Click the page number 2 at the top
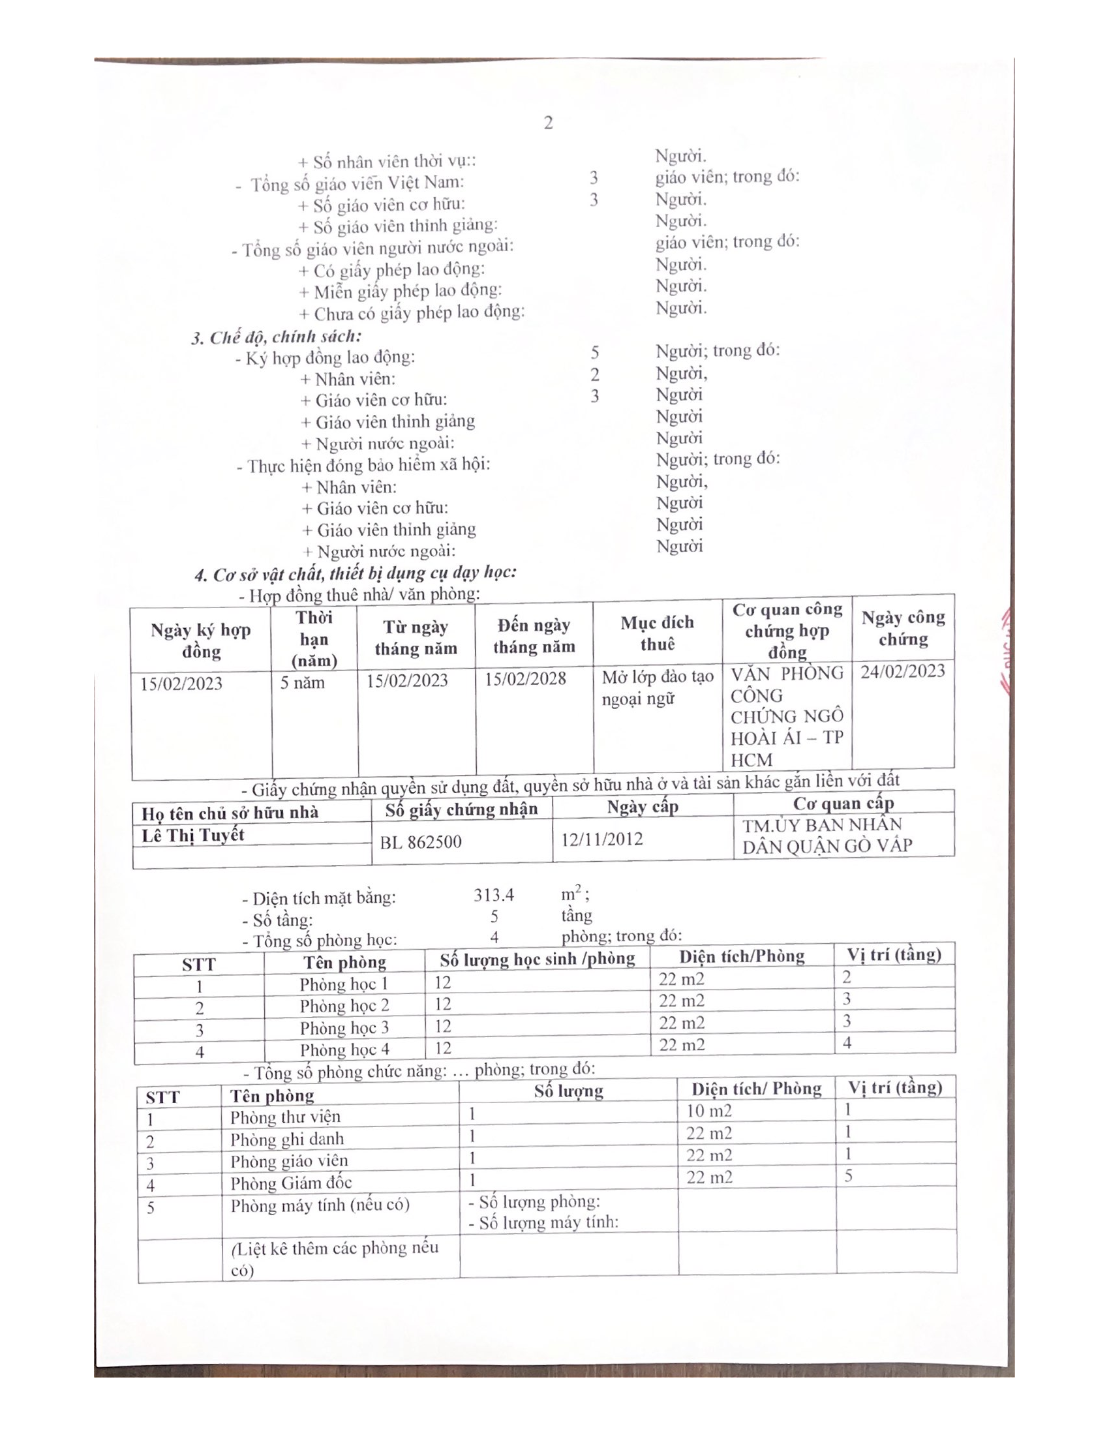[x=548, y=123]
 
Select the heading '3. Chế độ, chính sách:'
[x=276, y=337]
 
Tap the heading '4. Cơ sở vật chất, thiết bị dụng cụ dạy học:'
[x=356, y=573]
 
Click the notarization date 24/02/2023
[x=903, y=671]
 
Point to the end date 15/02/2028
[x=525, y=679]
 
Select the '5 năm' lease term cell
[x=302, y=683]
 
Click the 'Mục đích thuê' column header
[x=657, y=633]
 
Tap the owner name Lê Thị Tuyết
[x=192, y=835]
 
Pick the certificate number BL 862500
[x=421, y=841]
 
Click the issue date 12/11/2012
[x=602, y=839]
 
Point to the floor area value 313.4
[x=493, y=895]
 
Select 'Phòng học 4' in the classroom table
[x=344, y=1050]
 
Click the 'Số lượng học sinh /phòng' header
[x=537, y=959]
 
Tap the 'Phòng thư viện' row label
[x=285, y=1117]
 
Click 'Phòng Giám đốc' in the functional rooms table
[x=290, y=1183]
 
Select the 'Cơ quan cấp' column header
[x=843, y=803]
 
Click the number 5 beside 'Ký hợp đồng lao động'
[x=594, y=353]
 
